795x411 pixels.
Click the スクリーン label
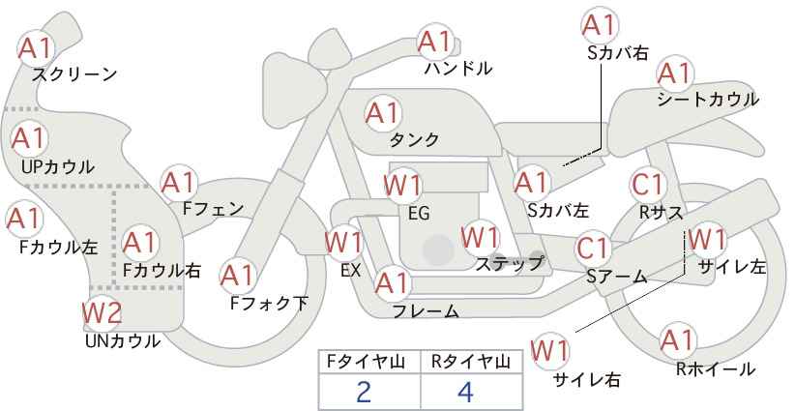tap(74, 75)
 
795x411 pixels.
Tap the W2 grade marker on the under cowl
tap(103, 312)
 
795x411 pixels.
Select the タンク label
tap(414, 139)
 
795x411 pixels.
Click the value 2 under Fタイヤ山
tap(364, 392)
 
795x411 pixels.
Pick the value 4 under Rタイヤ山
tap(465, 392)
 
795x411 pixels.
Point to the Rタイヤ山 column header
tap(471, 362)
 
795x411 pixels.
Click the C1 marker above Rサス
tap(647, 185)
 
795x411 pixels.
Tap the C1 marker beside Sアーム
tap(593, 249)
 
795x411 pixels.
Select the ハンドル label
tap(458, 68)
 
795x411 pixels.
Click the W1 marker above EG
tap(402, 186)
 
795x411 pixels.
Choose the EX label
tap(351, 271)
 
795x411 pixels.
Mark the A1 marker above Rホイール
tap(677, 340)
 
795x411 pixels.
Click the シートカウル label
tap(708, 100)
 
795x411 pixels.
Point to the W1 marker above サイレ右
tap(549, 350)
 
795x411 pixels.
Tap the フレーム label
tap(426, 311)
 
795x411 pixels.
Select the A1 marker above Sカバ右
tap(600, 25)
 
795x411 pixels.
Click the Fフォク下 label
tap(269, 303)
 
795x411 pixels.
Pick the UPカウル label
tap(58, 166)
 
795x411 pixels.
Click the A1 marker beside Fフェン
tap(179, 183)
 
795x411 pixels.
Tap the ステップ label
tap(509, 264)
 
